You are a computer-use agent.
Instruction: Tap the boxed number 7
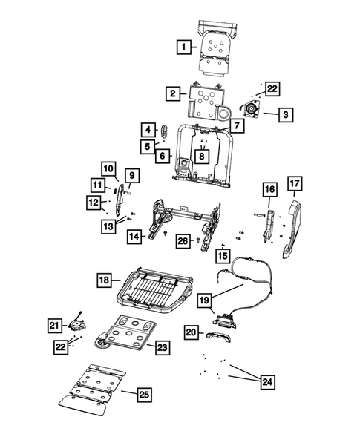click(x=237, y=126)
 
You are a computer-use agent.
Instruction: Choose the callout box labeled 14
click(x=134, y=237)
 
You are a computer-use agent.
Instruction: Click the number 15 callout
click(x=223, y=255)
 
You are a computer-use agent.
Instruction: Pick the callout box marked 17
click(x=295, y=183)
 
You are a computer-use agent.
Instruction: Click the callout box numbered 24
click(x=265, y=382)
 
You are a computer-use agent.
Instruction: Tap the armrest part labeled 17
click(x=291, y=228)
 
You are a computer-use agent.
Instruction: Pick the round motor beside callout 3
click(x=252, y=111)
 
